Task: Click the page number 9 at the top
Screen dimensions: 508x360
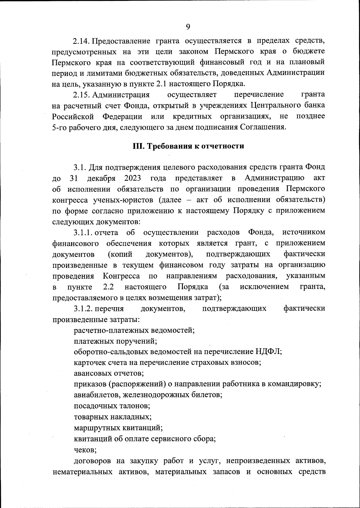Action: click(x=188, y=27)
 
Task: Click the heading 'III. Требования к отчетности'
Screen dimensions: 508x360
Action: click(x=188, y=146)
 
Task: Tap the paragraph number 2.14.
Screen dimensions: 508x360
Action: click(x=82, y=41)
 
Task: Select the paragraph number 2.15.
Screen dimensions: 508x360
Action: click(x=82, y=95)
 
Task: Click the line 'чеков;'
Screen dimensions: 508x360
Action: click(x=85, y=450)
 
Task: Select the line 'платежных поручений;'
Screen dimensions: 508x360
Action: click(x=115, y=341)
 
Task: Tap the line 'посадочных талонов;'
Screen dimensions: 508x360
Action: click(x=112, y=406)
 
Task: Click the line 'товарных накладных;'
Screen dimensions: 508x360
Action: click(x=112, y=417)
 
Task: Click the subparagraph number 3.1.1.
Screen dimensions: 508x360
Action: click(x=84, y=233)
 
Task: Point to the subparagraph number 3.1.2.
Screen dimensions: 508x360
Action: click(x=84, y=309)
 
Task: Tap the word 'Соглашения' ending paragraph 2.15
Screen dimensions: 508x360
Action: click(x=262, y=127)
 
